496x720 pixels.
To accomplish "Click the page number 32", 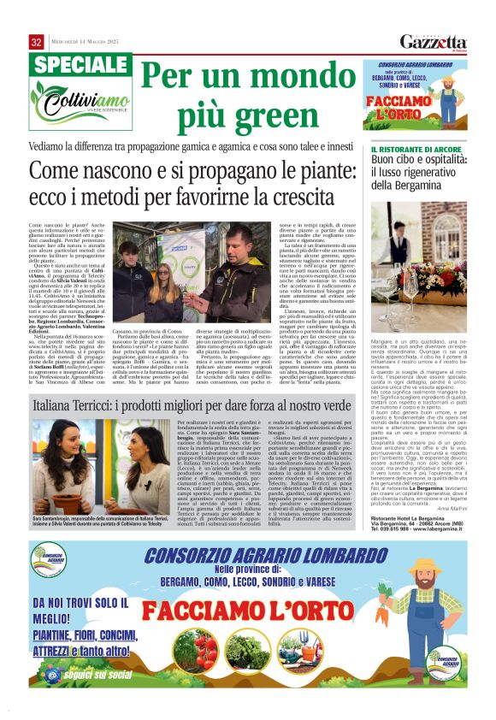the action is click(36, 42).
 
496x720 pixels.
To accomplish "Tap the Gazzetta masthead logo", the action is click(433, 42).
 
